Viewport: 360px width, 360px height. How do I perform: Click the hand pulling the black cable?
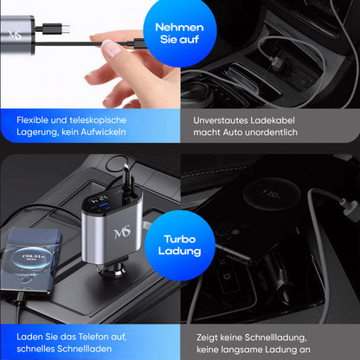pyautogui.click(x=118, y=56)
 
